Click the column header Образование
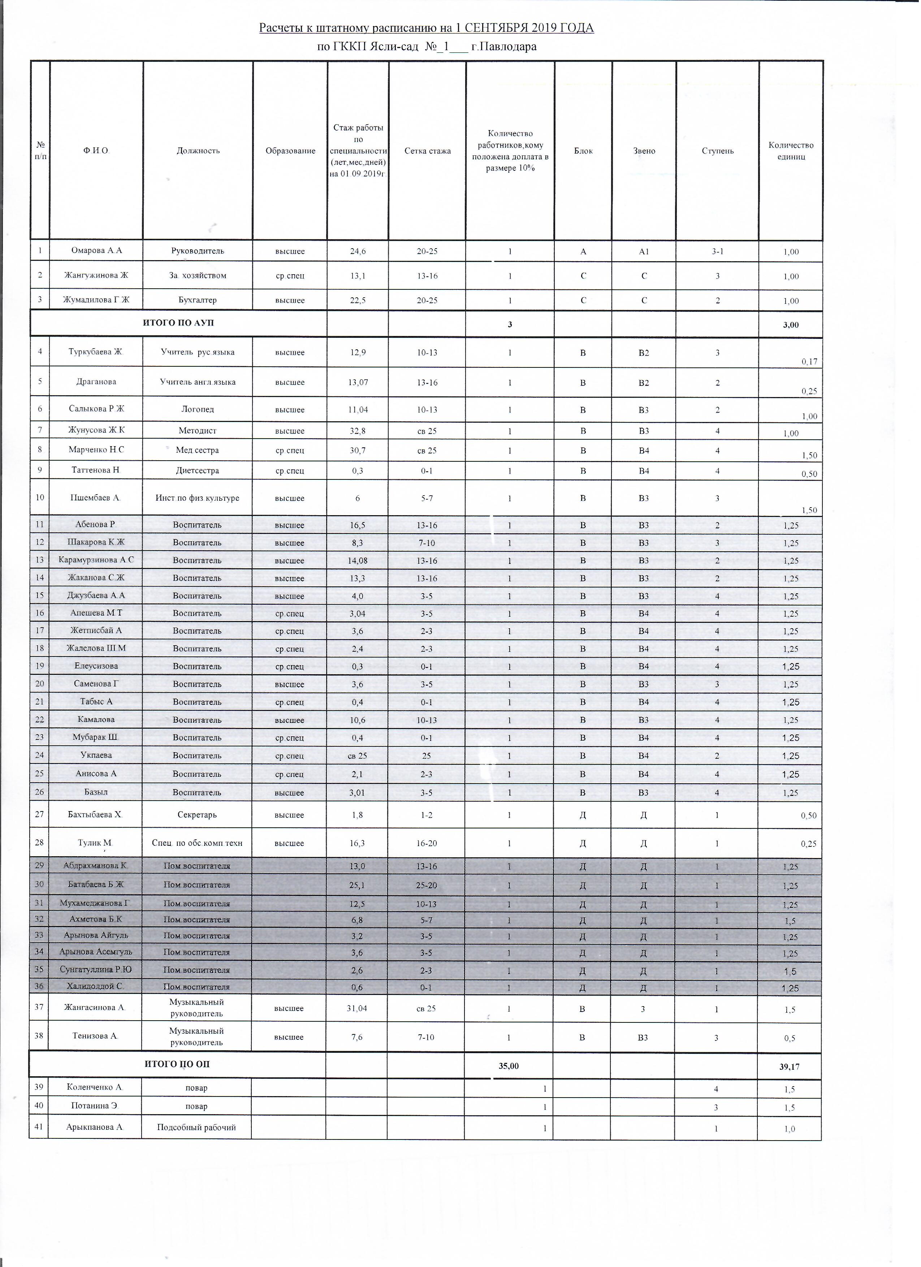[x=290, y=151]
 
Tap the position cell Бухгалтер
[x=198, y=300]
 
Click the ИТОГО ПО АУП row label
[x=178, y=323]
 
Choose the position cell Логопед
[x=198, y=409]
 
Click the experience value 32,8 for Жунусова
[x=358, y=431]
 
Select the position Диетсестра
[x=198, y=470]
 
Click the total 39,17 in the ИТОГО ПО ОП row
[x=789, y=1066]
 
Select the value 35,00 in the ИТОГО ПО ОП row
[x=509, y=1066]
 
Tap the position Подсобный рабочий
[x=196, y=1127]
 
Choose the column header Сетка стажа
[x=427, y=151]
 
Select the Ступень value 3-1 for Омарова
[x=718, y=251]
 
